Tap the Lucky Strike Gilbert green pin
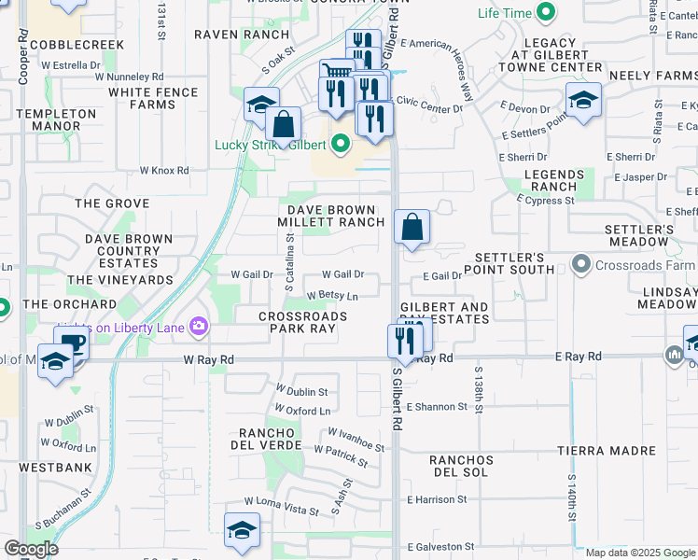click(341, 145)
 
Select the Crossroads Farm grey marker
click(582, 265)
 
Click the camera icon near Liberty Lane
click(198, 326)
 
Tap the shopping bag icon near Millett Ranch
click(412, 227)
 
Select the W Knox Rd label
click(164, 171)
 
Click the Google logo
click(30, 549)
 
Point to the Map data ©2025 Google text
click(640, 553)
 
